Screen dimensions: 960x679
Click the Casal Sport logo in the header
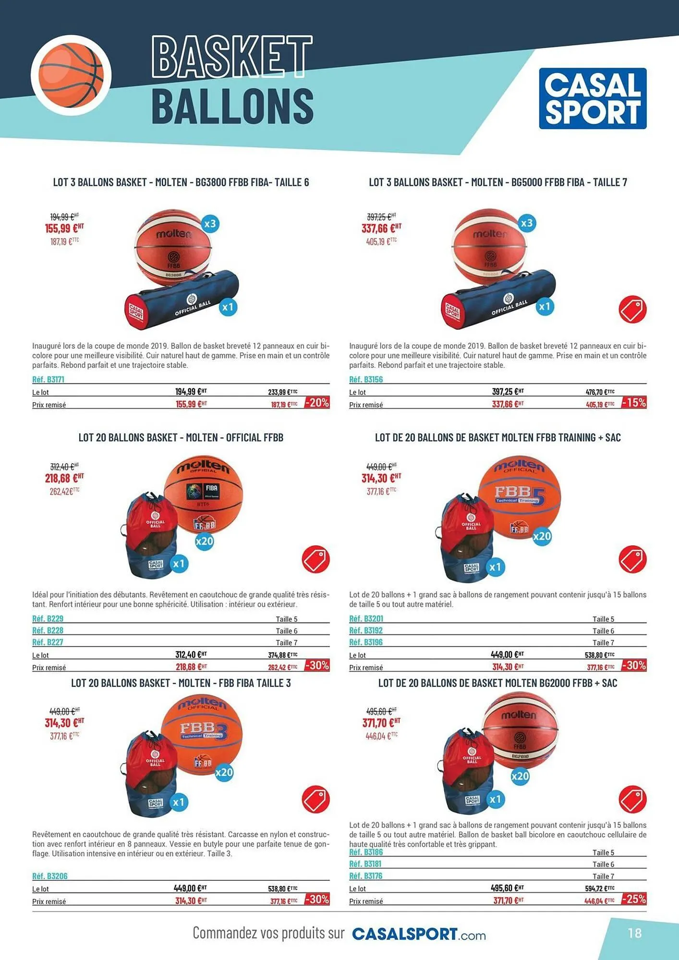tap(593, 98)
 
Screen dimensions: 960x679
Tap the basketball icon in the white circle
tap(71, 75)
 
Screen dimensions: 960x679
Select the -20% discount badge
tap(317, 403)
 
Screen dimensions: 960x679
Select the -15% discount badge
tap(634, 403)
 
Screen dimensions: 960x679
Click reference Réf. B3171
tap(48, 379)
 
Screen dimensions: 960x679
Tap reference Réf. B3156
tap(366, 379)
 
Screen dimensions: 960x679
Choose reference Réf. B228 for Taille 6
tap(48, 630)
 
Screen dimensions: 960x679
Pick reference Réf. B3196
tap(366, 642)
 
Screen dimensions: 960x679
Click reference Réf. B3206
tap(50, 876)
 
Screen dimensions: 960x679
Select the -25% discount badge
tap(634, 899)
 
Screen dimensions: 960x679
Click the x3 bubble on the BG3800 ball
tap(210, 224)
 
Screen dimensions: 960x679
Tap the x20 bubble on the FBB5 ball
tap(542, 536)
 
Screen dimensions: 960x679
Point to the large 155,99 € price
tap(64, 228)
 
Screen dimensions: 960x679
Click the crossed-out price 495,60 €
tap(381, 711)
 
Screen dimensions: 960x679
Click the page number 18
tap(635, 933)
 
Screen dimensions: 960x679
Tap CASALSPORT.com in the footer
tap(419, 934)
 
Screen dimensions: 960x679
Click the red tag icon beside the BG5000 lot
tap(632, 310)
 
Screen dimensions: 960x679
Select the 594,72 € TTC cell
tap(599, 888)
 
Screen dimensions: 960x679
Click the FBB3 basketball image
tap(202, 735)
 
